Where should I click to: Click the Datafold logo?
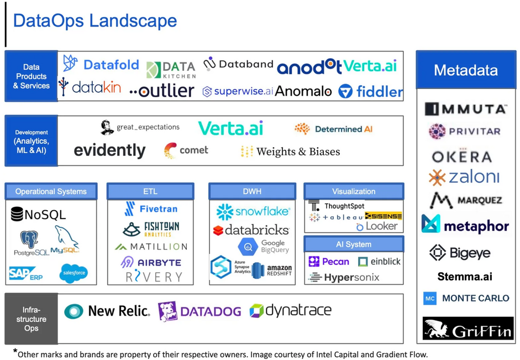point(101,64)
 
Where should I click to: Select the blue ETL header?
point(150,191)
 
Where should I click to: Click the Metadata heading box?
point(465,70)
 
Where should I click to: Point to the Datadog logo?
point(199,311)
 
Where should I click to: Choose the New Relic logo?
point(107,311)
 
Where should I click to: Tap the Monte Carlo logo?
point(466,298)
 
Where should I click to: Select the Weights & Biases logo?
point(290,152)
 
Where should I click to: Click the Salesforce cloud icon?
point(73,273)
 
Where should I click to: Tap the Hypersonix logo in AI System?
point(344,277)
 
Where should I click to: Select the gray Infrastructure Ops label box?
point(31,319)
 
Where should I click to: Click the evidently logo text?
point(109,150)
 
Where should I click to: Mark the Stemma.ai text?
point(465,276)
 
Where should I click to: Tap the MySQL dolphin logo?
point(65,241)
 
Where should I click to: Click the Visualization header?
point(354,191)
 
